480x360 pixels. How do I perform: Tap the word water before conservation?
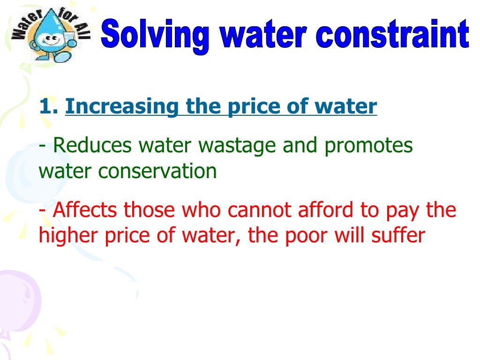66,172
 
